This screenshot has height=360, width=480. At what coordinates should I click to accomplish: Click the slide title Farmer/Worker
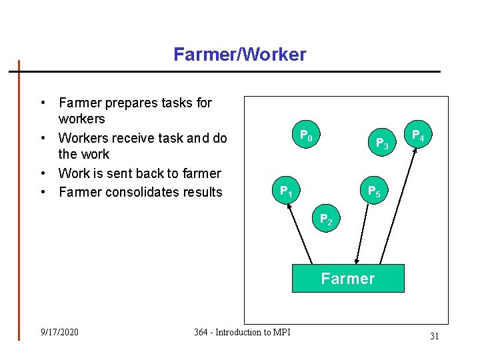point(239,54)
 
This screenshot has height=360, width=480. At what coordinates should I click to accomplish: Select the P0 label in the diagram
point(306,136)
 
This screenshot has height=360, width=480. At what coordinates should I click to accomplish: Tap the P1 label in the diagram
point(287,192)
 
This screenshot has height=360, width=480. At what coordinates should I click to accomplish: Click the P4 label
point(418,135)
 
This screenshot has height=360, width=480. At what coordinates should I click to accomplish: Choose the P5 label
point(375,192)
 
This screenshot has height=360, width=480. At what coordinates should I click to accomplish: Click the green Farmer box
point(348,279)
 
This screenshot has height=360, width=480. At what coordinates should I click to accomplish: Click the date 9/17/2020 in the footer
point(59,332)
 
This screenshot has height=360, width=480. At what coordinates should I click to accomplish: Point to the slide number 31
point(434,336)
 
